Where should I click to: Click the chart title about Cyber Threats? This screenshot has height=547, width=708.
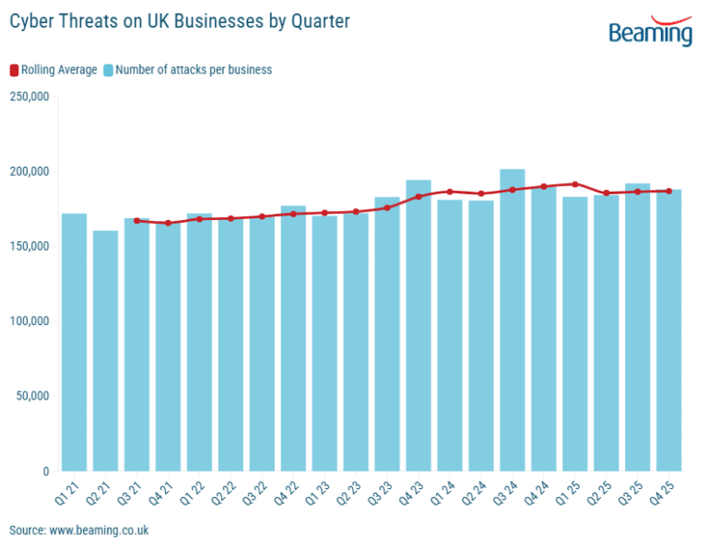click(x=180, y=21)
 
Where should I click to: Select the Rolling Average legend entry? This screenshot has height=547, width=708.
click(x=53, y=69)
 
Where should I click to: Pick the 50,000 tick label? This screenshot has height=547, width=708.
click(x=32, y=396)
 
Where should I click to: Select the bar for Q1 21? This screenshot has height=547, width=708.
click(x=74, y=342)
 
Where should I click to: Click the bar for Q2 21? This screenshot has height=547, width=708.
click(x=105, y=350)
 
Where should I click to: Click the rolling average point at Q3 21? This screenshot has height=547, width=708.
click(x=136, y=221)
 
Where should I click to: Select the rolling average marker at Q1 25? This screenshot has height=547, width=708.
click(x=575, y=184)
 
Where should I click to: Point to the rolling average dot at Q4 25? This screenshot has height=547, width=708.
click(x=669, y=191)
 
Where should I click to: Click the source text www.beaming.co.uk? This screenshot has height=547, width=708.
click(x=79, y=531)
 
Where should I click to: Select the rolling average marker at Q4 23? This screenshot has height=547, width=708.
click(x=419, y=196)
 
